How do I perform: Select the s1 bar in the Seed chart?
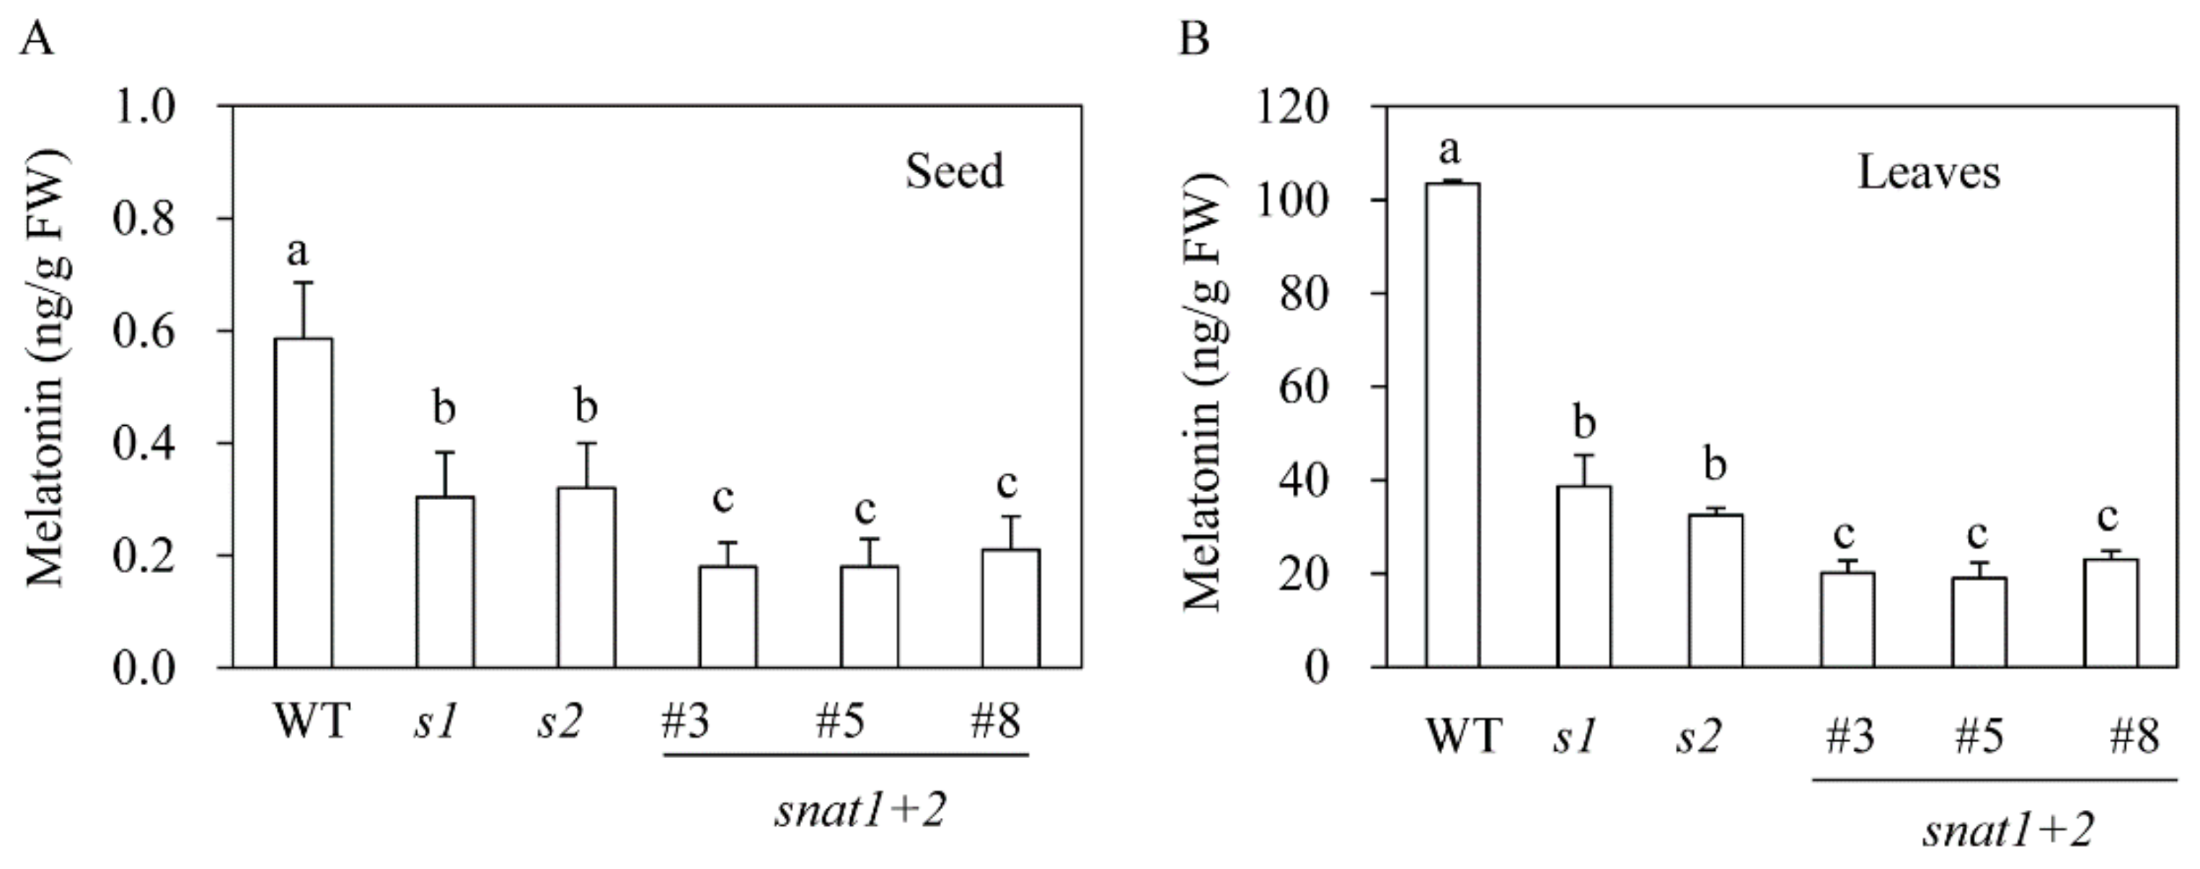(x=445, y=581)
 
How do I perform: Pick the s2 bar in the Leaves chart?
(x=1715, y=590)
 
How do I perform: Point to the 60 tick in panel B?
(x=1304, y=388)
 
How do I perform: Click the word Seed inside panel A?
(x=954, y=171)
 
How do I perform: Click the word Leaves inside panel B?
(x=1928, y=172)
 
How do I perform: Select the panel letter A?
(x=36, y=38)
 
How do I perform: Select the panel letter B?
(x=1194, y=38)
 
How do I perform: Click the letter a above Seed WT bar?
(x=297, y=251)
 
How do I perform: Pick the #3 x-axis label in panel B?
(x=1850, y=736)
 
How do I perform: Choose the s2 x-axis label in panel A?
(x=560, y=722)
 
